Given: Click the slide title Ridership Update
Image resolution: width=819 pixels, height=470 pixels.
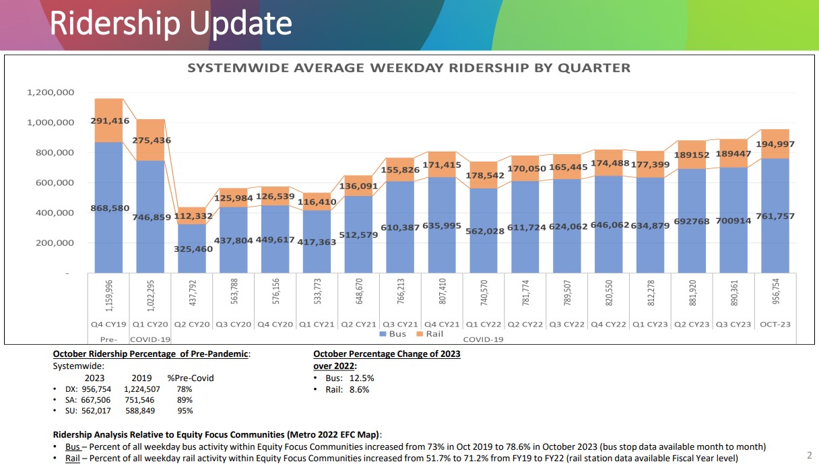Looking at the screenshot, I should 171,24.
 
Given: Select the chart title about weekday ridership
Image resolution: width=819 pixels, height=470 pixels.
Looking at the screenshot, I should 408,68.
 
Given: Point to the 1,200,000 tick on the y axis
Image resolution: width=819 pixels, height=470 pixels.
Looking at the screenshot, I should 51,93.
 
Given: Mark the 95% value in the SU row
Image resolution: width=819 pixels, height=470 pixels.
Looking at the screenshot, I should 185,411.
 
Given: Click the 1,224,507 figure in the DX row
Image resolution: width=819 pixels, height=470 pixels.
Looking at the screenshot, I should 142,389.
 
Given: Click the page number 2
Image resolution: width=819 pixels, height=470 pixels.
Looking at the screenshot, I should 809,454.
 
